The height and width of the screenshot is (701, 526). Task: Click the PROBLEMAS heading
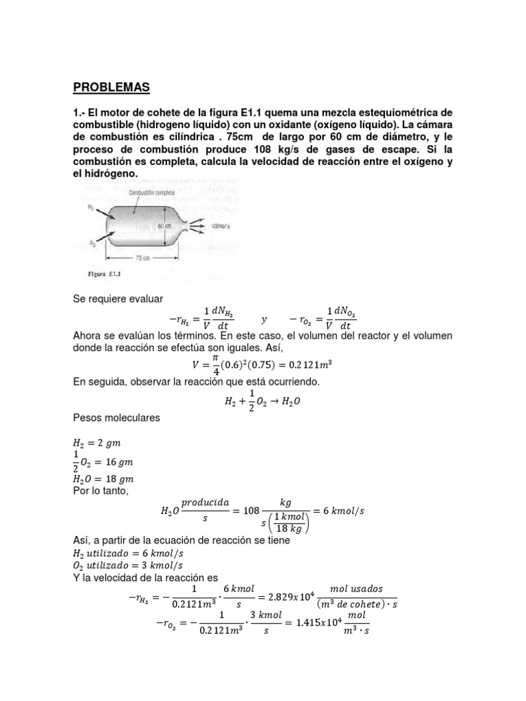[x=110, y=88]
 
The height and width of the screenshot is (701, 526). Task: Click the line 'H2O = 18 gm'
[x=103, y=479]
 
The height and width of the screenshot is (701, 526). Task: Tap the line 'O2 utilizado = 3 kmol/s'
[x=127, y=565]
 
